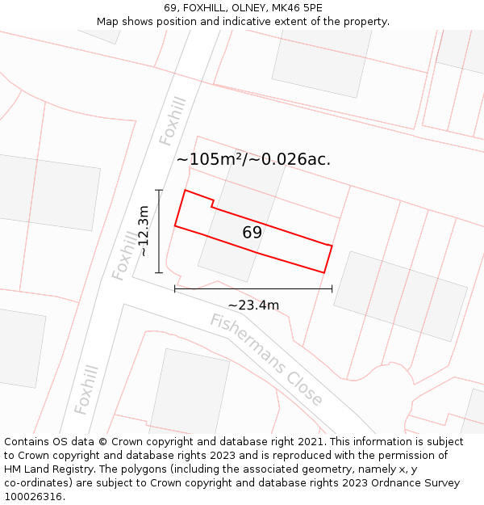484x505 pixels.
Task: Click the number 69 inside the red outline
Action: (252, 233)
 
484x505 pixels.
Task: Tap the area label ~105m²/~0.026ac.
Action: (253, 159)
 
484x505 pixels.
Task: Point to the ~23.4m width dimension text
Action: (253, 305)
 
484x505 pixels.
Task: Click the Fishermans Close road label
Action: (266, 360)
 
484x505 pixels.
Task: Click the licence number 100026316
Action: (33, 497)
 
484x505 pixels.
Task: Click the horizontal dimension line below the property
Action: (253, 288)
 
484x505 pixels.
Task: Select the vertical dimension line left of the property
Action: (159, 231)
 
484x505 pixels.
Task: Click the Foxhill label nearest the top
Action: (173, 121)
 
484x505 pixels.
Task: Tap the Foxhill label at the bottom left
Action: (86, 389)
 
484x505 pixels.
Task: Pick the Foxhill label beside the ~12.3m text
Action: (124, 255)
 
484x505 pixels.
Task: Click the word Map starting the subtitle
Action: (109, 22)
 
